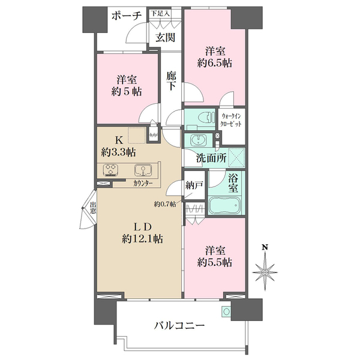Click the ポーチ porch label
tap(126, 16)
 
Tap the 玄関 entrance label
tap(166, 37)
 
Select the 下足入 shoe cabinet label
tap(160, 13)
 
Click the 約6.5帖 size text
tap(214, 63)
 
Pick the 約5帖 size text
tap(127, 92)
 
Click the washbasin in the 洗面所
tap(198, 140)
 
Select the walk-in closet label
tap(231, 121)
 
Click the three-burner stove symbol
tap(111, 170)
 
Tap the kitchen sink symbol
tap(143, 170)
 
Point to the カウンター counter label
tap(143, 183)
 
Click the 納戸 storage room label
tap(194, 185)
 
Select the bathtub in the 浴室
tap(225, 205)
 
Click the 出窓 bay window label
tap(93, 208)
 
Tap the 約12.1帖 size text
tap(142, 239)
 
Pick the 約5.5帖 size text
tap(214, 262)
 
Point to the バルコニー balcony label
tap(179, 326)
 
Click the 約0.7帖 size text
tap(165, 204)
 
